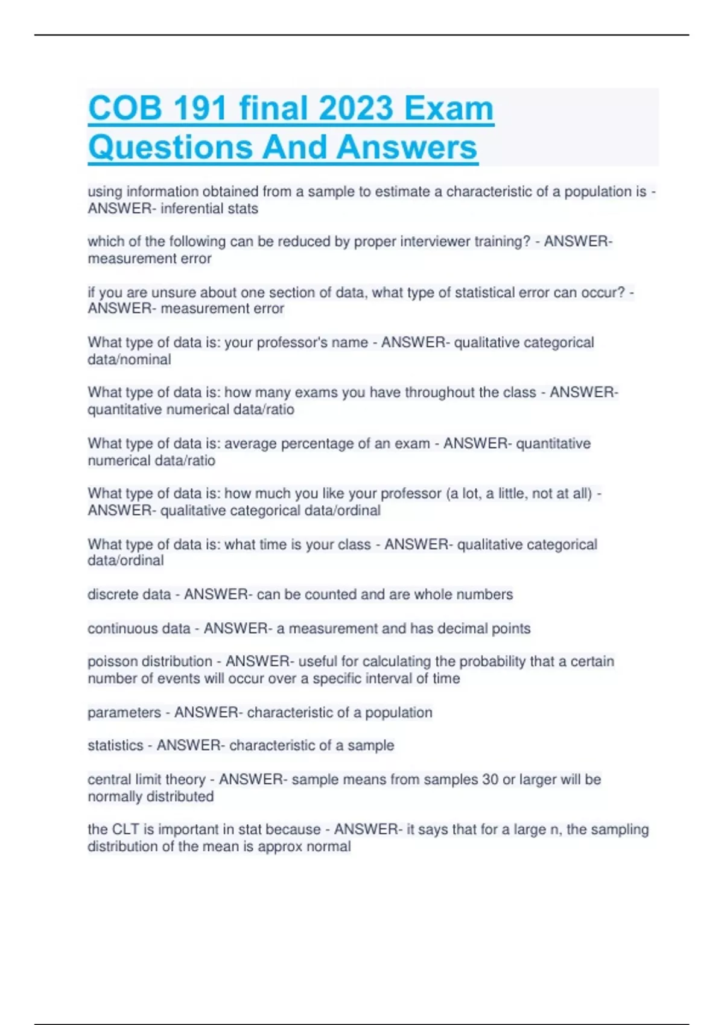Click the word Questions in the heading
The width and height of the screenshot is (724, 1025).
pos(170,148)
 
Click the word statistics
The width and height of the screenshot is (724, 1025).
pos(115,745)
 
